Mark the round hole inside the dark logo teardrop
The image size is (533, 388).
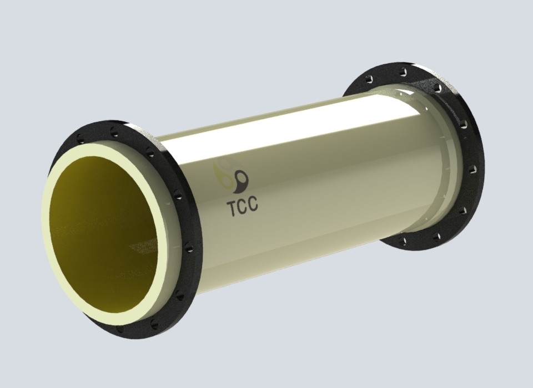pos(242,176)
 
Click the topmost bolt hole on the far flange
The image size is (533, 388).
pos(403,72)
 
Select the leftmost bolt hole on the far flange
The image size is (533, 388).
pos(369,80)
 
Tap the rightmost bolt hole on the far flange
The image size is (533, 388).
pos(471,169)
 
